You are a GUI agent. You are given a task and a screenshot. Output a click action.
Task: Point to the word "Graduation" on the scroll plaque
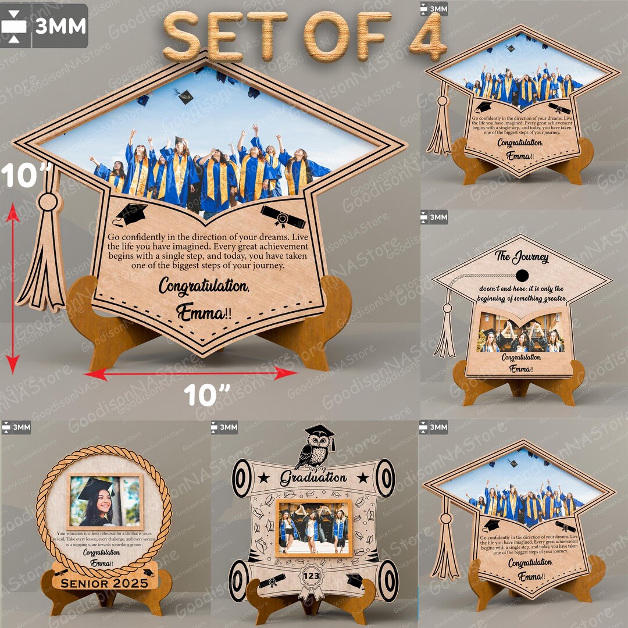pyautogui.click(x=313, y=479)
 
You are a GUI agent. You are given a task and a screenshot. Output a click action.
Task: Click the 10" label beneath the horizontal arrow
pyautogui.click(x=205, y=395)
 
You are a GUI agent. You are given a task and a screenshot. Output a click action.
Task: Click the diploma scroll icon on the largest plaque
pyautogui.click(x=283, y=217)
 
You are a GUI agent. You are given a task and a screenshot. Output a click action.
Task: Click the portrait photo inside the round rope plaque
pyautogui.click(x=105, y=501)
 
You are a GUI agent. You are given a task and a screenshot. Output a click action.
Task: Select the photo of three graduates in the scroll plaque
pyautogui.click(x=313, y=527)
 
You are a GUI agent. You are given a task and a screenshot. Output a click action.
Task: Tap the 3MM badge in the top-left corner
pyautogui.click(x=44, y=26)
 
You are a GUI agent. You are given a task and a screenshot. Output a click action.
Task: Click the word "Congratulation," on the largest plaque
pyautogui.click(x=204, y=287)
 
